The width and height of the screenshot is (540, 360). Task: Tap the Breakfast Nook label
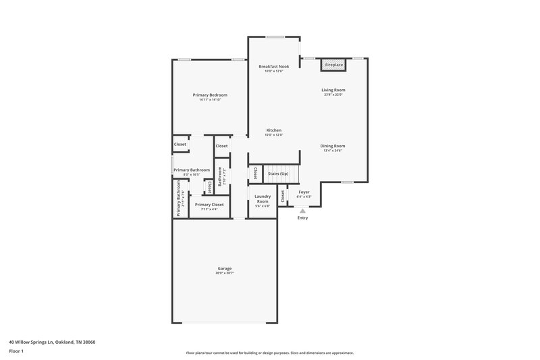274,66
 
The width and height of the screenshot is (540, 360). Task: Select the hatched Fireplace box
333,65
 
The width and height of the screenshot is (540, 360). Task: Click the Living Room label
333,90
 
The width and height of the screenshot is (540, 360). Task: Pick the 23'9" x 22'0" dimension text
333,95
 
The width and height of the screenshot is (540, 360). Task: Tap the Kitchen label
273,130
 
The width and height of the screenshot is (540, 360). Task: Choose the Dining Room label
333,146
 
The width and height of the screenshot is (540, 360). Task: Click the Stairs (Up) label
278,174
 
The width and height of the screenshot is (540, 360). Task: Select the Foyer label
304,192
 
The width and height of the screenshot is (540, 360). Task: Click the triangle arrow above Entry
302,211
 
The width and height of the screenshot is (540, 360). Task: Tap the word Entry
302,217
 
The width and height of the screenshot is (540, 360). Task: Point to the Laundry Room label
262,199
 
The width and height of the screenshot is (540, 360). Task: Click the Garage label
225,268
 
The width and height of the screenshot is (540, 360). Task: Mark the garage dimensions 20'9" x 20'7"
225,274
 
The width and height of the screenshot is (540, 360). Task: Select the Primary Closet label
209,204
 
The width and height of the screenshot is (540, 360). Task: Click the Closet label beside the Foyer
283,196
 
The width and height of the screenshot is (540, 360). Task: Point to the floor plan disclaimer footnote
269,353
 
